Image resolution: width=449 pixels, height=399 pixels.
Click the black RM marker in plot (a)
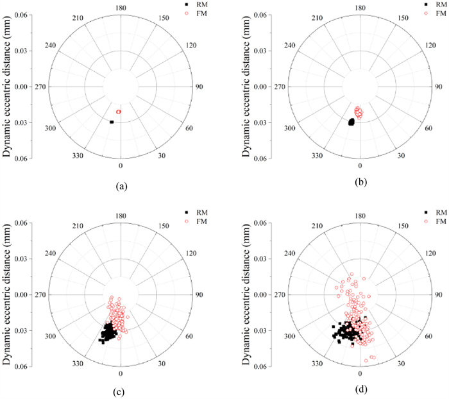click(x=112, y=122)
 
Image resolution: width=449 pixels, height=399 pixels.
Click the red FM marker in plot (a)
click(x=119, y=112)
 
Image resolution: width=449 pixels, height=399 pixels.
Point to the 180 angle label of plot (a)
click(x=121, y=8)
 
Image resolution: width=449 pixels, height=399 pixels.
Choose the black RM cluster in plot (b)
click(x=351, y=122)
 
